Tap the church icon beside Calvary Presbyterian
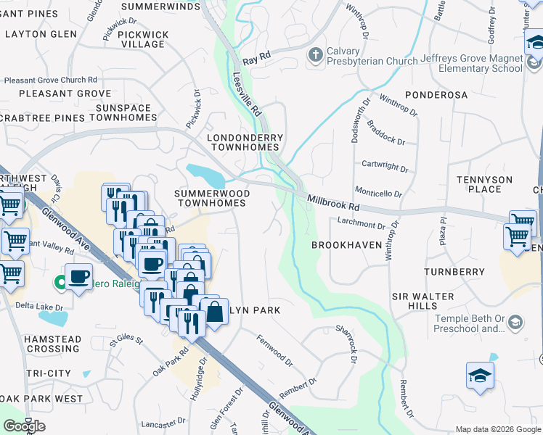point(314,55)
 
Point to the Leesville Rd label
point(246,95)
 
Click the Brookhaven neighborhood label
point(346,246)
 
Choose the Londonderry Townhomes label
point(245,142)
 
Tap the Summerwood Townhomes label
point(212,199)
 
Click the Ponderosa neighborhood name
point(436,95)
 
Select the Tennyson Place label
point(484,184)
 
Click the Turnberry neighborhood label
point(457,272)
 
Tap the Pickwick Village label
point(143,39)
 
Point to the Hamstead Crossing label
point(32,344)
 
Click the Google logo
point(24,426)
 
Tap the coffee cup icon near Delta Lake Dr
point(79,276)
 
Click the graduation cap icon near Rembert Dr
point(480,376)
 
